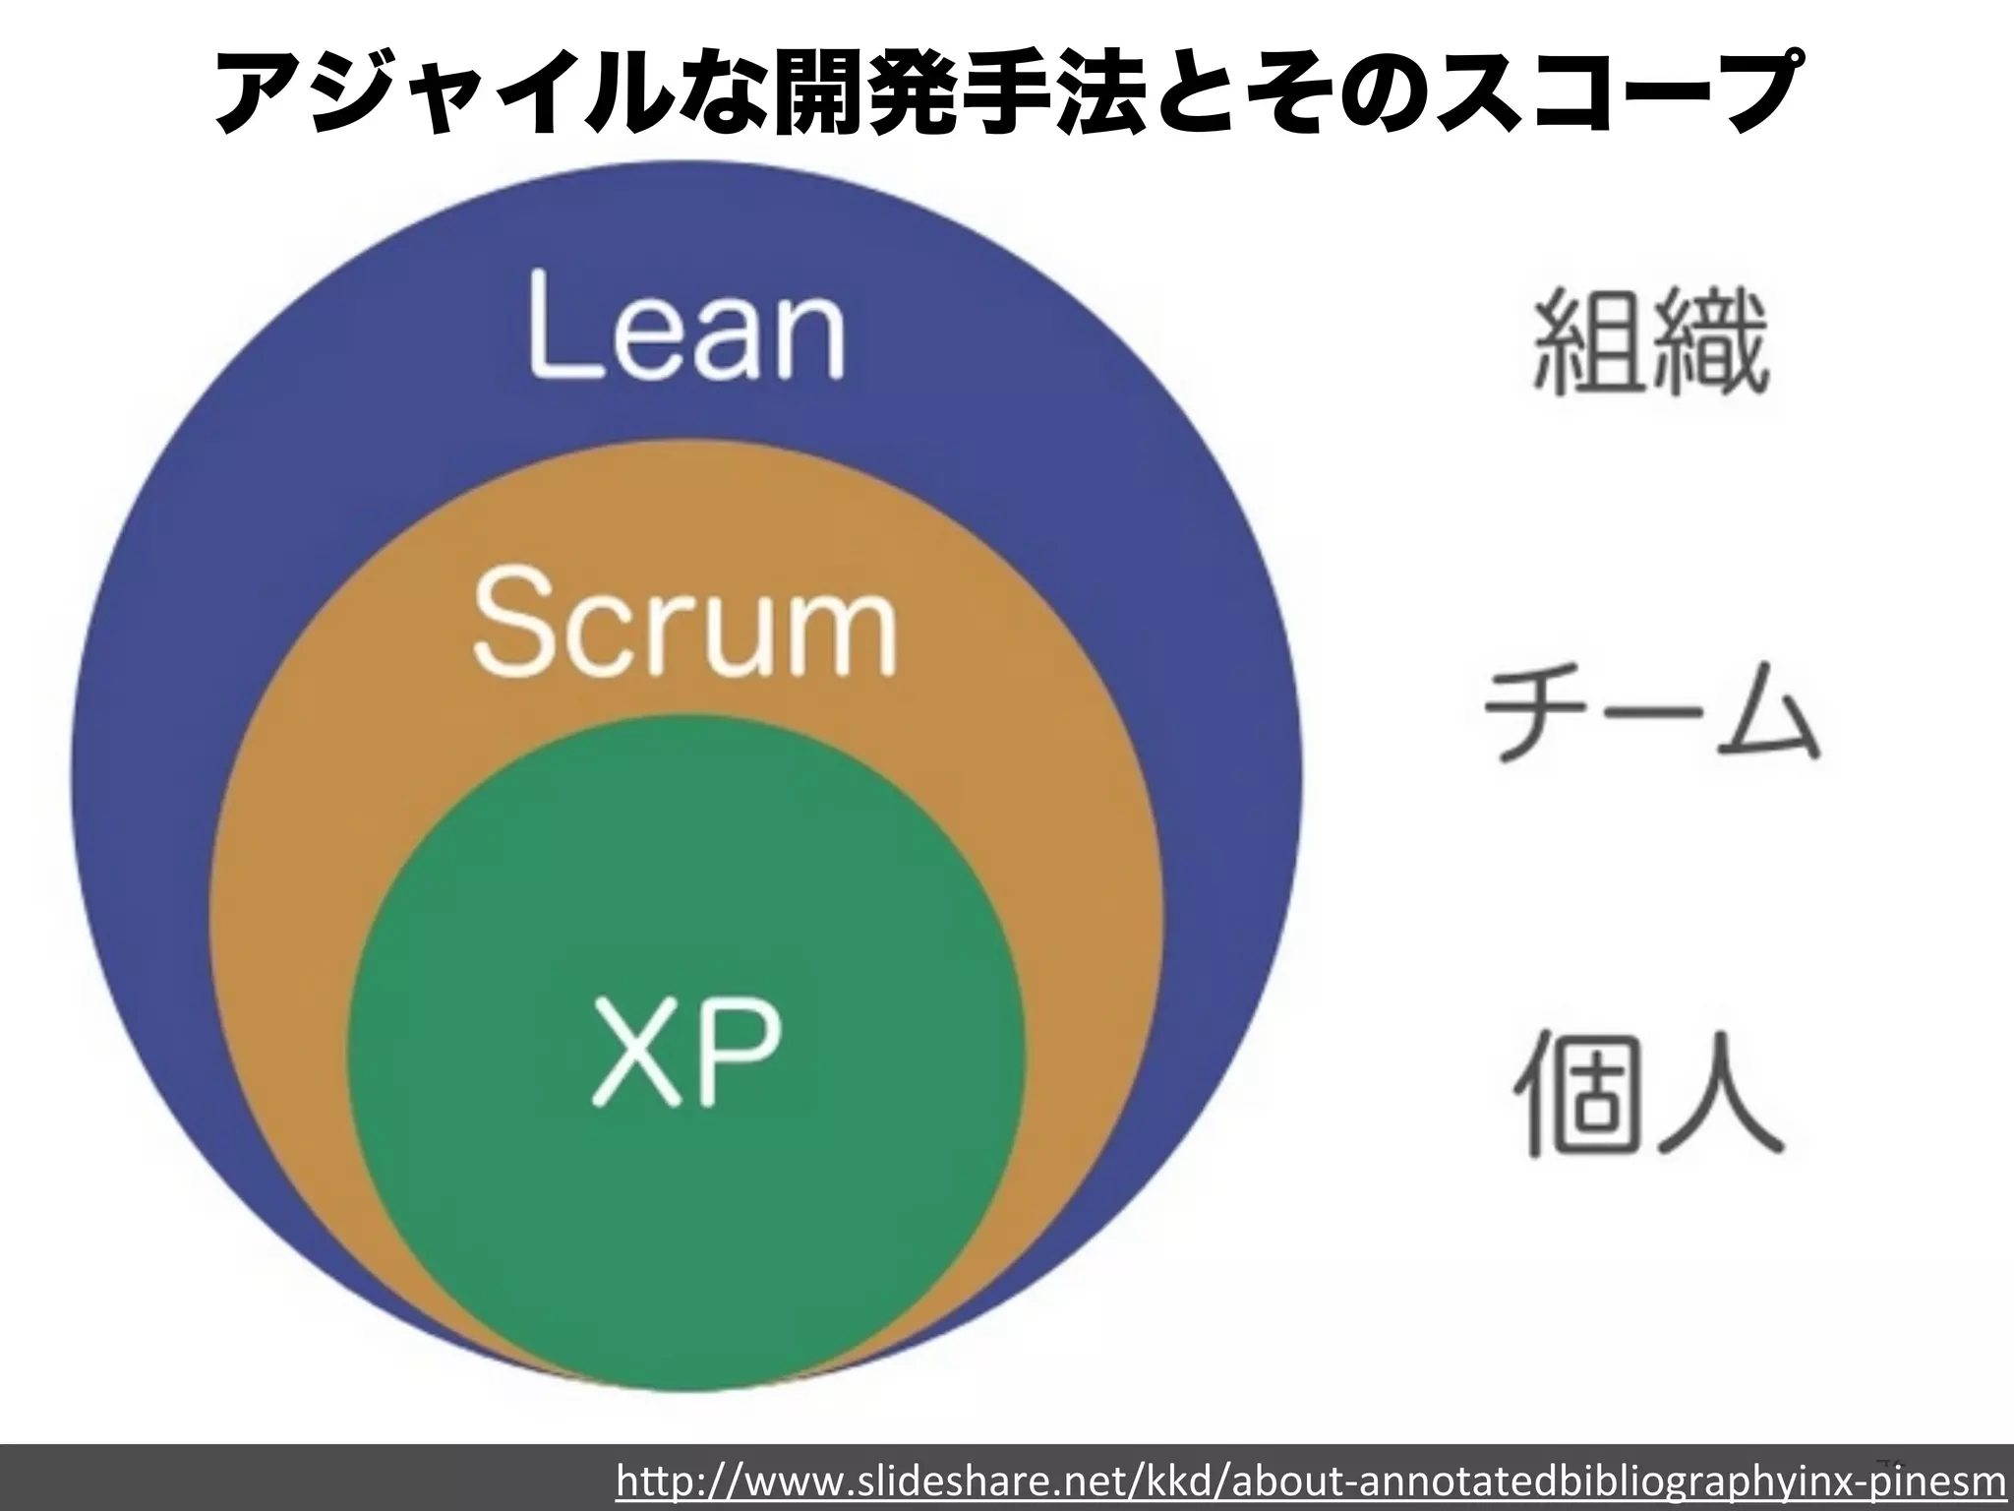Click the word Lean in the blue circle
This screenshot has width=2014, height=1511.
[x=686, y=324]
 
